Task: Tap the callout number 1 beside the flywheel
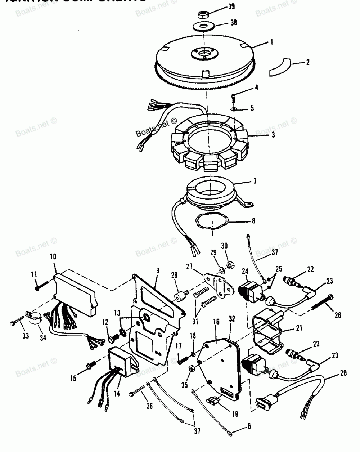[272, 42]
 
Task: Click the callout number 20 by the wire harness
[343, 373]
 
